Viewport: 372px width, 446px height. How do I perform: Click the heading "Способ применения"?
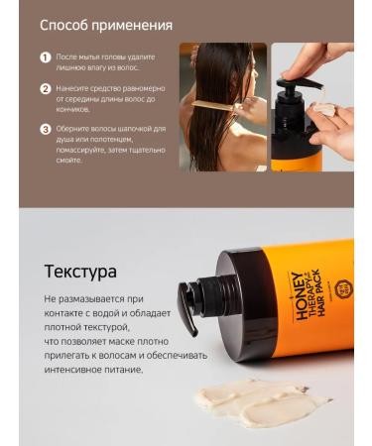[x=106, y=25]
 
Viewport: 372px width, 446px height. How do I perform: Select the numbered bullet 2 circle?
[x=45, y=88]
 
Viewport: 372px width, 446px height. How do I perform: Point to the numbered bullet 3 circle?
[x=45, y=129]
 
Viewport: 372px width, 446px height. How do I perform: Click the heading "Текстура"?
[x=80, y=272]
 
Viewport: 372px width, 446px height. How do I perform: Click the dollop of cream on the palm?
[x=323, y=108]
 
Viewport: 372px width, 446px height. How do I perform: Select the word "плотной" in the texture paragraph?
[x=65, y=326]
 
